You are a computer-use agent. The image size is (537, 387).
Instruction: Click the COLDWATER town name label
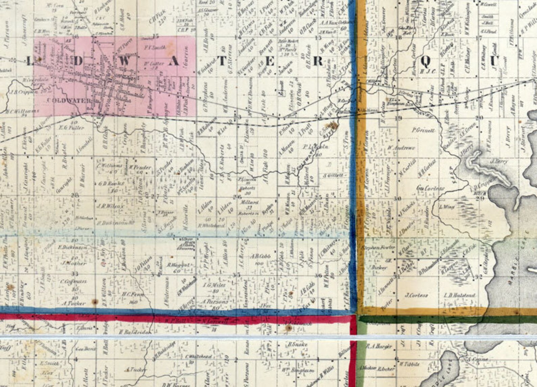pyautogui.click(x=69, y=101)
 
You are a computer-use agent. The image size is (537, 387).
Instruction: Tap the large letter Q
pyautogui.click(x=425, y=61)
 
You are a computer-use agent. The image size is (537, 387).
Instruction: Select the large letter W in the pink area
pyautogui.click(x=124, y=61)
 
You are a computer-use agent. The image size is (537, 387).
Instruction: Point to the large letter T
pyautogui.click(x=222, y=61)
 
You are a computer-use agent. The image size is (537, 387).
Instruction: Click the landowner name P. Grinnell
pyautogui.click(x=423, y=130)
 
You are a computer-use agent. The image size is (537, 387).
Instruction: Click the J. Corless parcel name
pyautogui.click(x=416, y=295)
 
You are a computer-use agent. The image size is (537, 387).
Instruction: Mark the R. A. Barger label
pyautogui.click(x=379, y=346)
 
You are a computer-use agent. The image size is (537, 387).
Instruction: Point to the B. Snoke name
pyautogui.click(x=298, y=344)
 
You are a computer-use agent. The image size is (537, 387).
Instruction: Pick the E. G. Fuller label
pyautogui.click(x=71, y=128)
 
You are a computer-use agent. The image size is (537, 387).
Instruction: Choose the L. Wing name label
pyautogui.click(x=447, y=207)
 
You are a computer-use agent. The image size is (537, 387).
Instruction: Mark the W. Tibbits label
pyautogui.click(x=409, y=364)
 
